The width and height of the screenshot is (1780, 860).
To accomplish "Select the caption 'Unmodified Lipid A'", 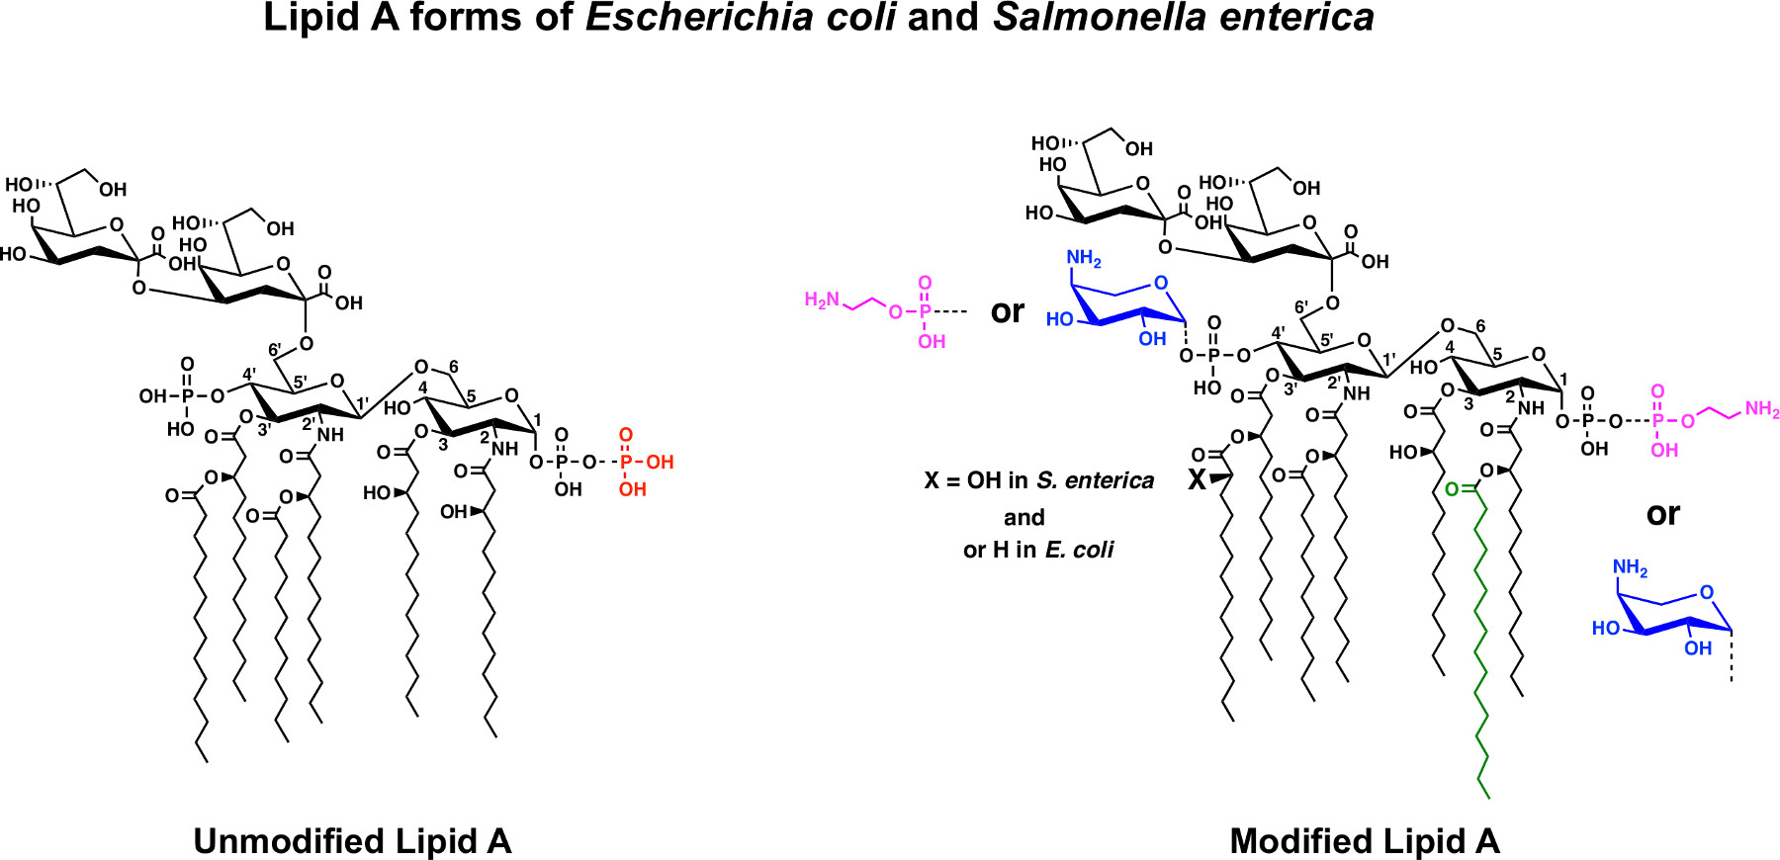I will click(x=352, y=841).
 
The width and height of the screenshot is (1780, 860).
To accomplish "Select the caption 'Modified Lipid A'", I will click(x=1365, y=841).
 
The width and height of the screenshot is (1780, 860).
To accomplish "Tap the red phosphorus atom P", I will click(x=624, y=462).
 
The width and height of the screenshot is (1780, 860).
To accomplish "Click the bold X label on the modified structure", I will click(x=1197, y=481).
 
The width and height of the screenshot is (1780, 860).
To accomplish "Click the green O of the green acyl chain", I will click(x=1451, y=489).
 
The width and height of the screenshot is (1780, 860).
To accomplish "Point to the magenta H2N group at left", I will click(x=822, y=300).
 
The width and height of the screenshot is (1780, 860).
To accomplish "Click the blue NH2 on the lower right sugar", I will click(x=1630, y=567).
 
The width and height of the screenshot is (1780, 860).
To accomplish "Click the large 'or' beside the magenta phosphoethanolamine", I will click(x=1008, y=311).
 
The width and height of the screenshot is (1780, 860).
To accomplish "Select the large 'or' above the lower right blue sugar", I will click(x=1662, y=514).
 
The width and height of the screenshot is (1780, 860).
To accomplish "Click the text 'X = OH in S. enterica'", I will click(x=1038, y=481).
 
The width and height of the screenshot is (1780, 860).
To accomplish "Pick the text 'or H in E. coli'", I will click(x=1038, y=550).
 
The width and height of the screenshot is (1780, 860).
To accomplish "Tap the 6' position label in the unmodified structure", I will click(x=275, y=350).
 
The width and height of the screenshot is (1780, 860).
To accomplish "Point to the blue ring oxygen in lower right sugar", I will click(x=1706, y=593).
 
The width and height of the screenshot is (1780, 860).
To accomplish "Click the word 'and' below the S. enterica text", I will click(x=1023, y=517).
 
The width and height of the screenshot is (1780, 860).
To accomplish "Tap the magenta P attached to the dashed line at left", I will click(x=925, y=311).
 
